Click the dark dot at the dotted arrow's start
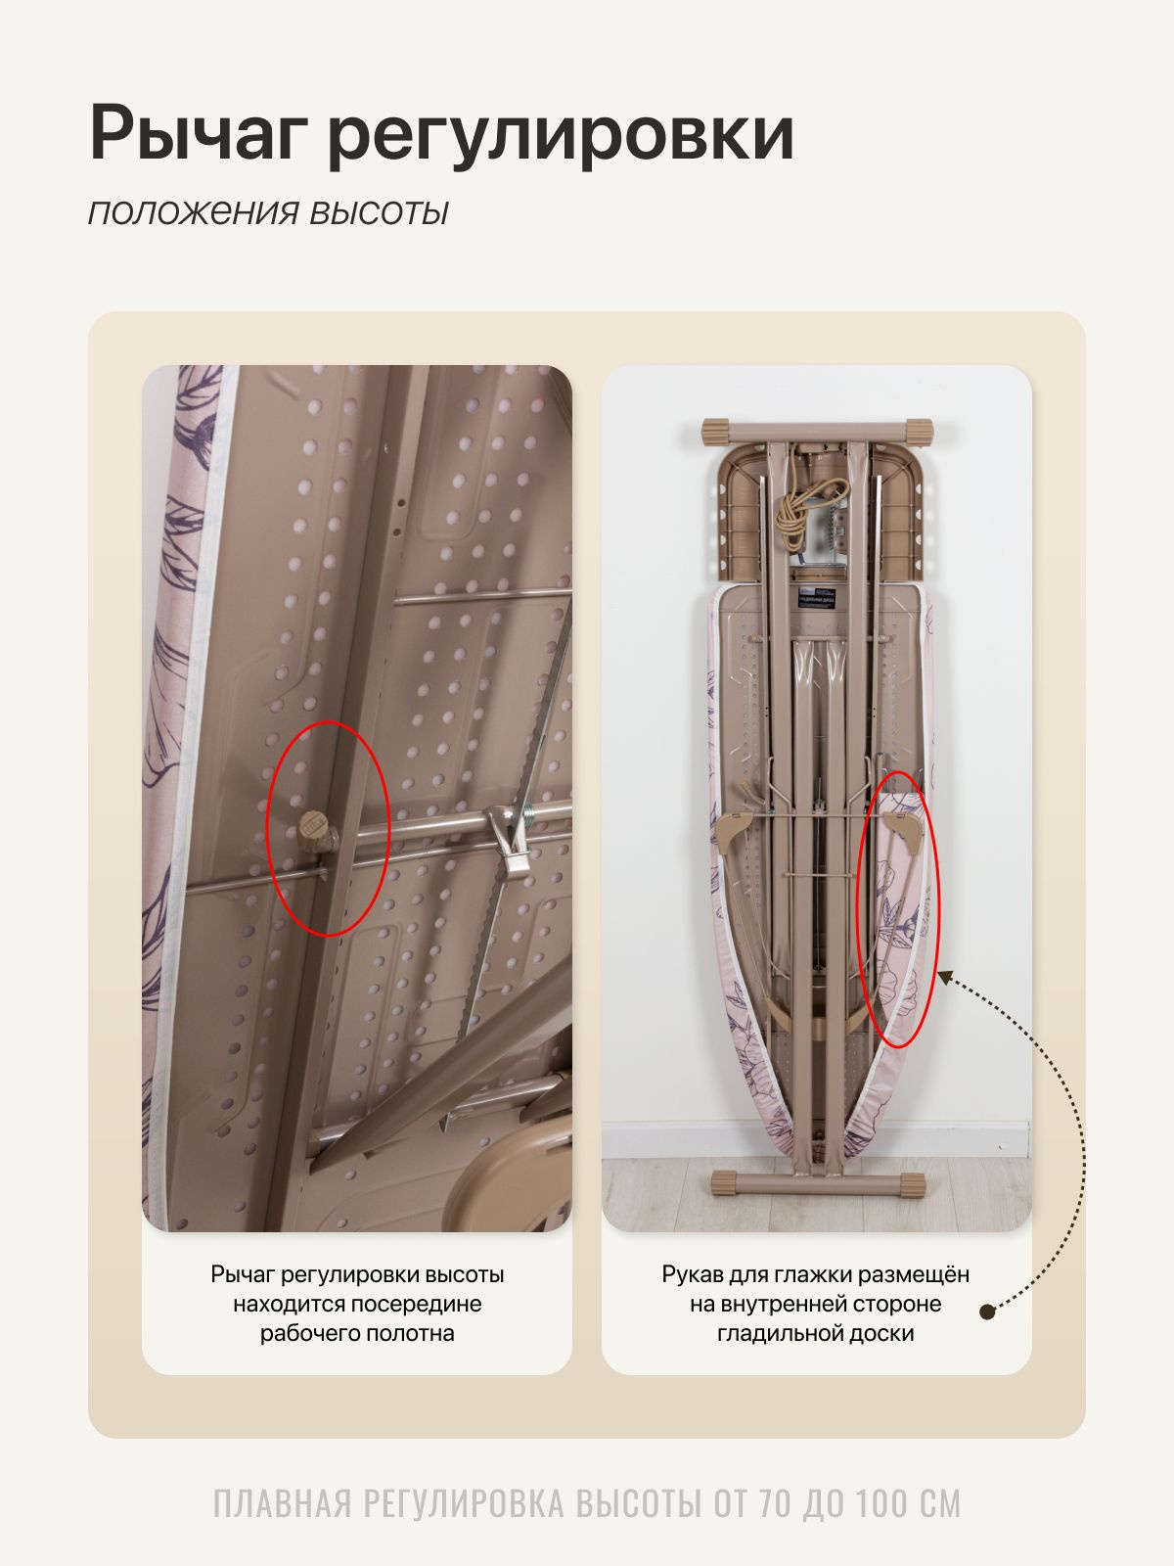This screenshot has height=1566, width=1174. tap(987, 1313)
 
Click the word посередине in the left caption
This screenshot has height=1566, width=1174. tap(417, 1304)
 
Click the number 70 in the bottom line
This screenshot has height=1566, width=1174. tap(776, 1504)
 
